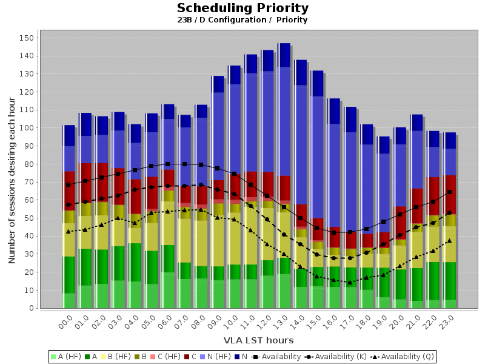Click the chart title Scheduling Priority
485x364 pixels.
[x=242, y=8]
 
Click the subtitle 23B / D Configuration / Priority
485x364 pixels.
[x=242, y=20]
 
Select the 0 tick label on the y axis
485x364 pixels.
[x=31, y=308]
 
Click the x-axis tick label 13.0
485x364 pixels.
[x=281, y=322]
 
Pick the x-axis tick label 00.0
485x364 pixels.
[x=66, y=322]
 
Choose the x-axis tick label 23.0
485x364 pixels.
[x=447, y=322]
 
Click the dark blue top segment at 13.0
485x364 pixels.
[x=284, y=55]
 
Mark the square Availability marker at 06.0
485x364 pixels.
[x=168, y=164]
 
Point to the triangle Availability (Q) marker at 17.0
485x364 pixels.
[x=350, y=282]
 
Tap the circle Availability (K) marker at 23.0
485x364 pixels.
[x=449, y=212]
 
